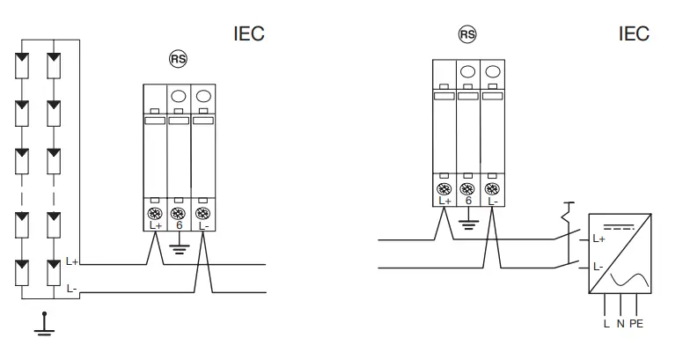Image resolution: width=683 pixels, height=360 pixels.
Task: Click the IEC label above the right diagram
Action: pyautogui.click(x=634, y=34)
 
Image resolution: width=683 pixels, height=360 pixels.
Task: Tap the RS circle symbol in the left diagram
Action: pyautogui.click(x=179, y=58)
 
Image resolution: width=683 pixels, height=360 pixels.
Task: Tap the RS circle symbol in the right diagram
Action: pyautogui.click(x=467, y=34)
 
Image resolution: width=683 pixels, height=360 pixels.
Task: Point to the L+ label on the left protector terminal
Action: pyautogui.click(x=157, y=226)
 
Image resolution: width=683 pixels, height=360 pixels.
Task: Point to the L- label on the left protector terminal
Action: pyautogui.click(x=204, y=226)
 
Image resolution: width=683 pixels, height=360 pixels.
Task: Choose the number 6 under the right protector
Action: pyautogui.click(x=468, y=202)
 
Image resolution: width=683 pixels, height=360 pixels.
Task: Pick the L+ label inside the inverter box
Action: pyautogui.click(x=599, y=239)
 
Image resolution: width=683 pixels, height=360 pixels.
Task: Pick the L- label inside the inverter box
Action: pyautogui.click(x=599, y=266)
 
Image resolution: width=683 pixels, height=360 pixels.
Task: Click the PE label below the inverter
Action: pyautogui.click(x=637, y=324)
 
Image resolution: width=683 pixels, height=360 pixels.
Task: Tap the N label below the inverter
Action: pyautogui.click(x=621, y=324)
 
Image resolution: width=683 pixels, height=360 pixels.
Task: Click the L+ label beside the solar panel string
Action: pyautogui.click(x=72, y=261)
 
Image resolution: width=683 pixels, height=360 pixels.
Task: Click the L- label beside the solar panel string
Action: pyautogui.click(x=72, y=288)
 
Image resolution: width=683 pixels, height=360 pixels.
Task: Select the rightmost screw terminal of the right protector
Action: pyautogui.click(x=493, y=187)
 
